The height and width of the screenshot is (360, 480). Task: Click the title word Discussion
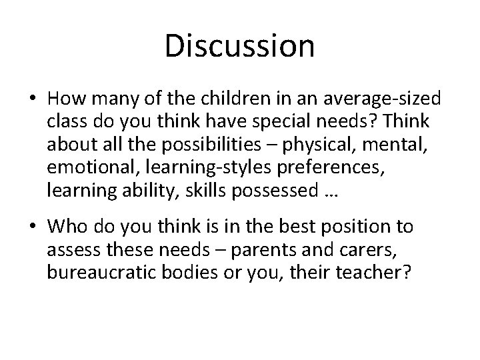(x=239, y=47)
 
